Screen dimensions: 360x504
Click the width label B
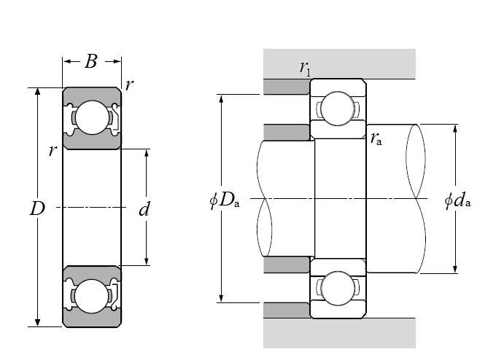[91, 62]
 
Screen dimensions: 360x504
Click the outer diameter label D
[37, 209]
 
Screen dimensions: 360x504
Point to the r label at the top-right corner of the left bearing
[129, 85]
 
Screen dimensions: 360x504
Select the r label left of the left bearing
[52, 151]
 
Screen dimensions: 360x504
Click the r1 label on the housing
[304, 68]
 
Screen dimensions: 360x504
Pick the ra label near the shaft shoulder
[376, 138]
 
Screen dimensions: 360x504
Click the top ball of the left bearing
[91, 117]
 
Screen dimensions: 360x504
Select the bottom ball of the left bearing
[91, 297]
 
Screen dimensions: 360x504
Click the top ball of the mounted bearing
[338, 108]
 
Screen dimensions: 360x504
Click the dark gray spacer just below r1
[287, 87]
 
